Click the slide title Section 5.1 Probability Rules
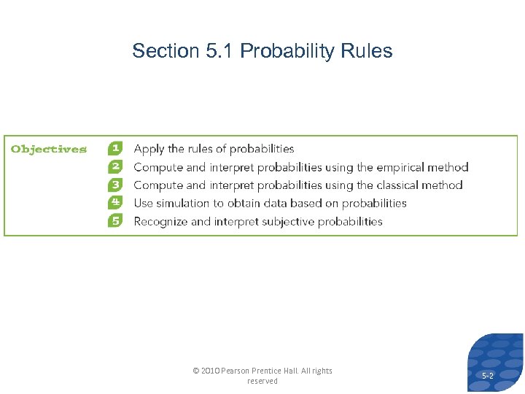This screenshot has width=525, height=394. [x=262, y=51]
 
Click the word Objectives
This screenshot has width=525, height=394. [x=49, y=149]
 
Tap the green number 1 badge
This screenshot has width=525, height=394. [x=115, y=148]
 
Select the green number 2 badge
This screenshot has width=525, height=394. [x=115, y=166]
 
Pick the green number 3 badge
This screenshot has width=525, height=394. [x=115, y=185]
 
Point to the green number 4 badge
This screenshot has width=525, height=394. [x=115, y=203]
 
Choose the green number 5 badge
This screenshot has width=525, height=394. [x=115, y=221]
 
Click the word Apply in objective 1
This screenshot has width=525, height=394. [x=149, y=149]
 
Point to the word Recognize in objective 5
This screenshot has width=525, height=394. [x=161, y=222]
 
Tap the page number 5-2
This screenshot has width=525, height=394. [x=487, y=375]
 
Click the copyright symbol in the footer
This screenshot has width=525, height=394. [x=195, y=371]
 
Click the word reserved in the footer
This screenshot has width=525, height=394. [x=262, y=381]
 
